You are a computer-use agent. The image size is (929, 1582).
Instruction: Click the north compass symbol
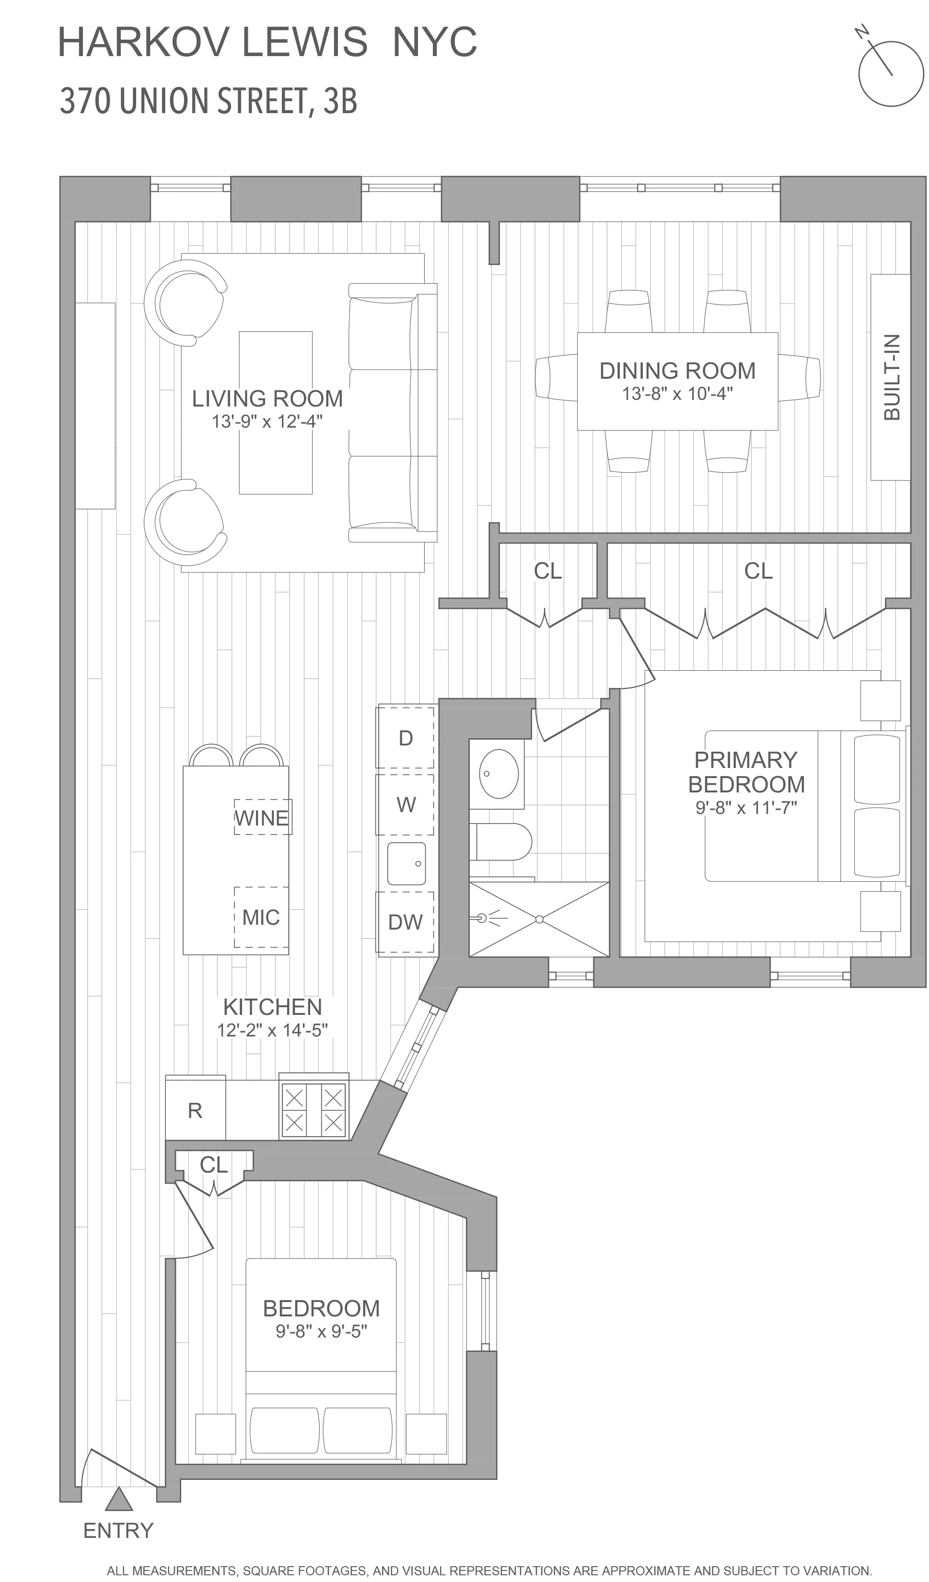tap(890, 73)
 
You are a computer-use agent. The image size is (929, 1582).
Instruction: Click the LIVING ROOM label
tap(267, 399)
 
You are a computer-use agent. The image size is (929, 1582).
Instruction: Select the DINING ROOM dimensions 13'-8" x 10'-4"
tap(677, 394)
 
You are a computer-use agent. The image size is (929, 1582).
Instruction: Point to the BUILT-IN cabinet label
tap(891, 377)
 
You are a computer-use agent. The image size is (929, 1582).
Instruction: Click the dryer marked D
tap(406, 738)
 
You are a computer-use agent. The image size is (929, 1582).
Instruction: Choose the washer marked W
tap(406, 805)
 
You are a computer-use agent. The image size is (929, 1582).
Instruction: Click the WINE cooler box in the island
tap(262, 817)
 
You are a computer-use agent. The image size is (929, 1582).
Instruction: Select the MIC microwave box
tap(261, 917)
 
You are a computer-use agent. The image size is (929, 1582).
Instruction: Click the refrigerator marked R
tap(195, 1111)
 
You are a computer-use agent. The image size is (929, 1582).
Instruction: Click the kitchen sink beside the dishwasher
tap(406, 864)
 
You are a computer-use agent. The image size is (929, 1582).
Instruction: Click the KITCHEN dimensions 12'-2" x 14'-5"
tap(272, 1030)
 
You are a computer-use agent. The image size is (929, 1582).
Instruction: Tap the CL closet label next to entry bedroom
tap(213, 1164)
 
